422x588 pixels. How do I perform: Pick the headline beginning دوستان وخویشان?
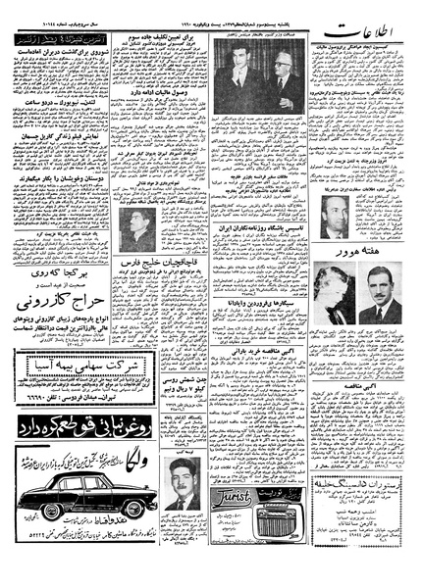tap(69, 209)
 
